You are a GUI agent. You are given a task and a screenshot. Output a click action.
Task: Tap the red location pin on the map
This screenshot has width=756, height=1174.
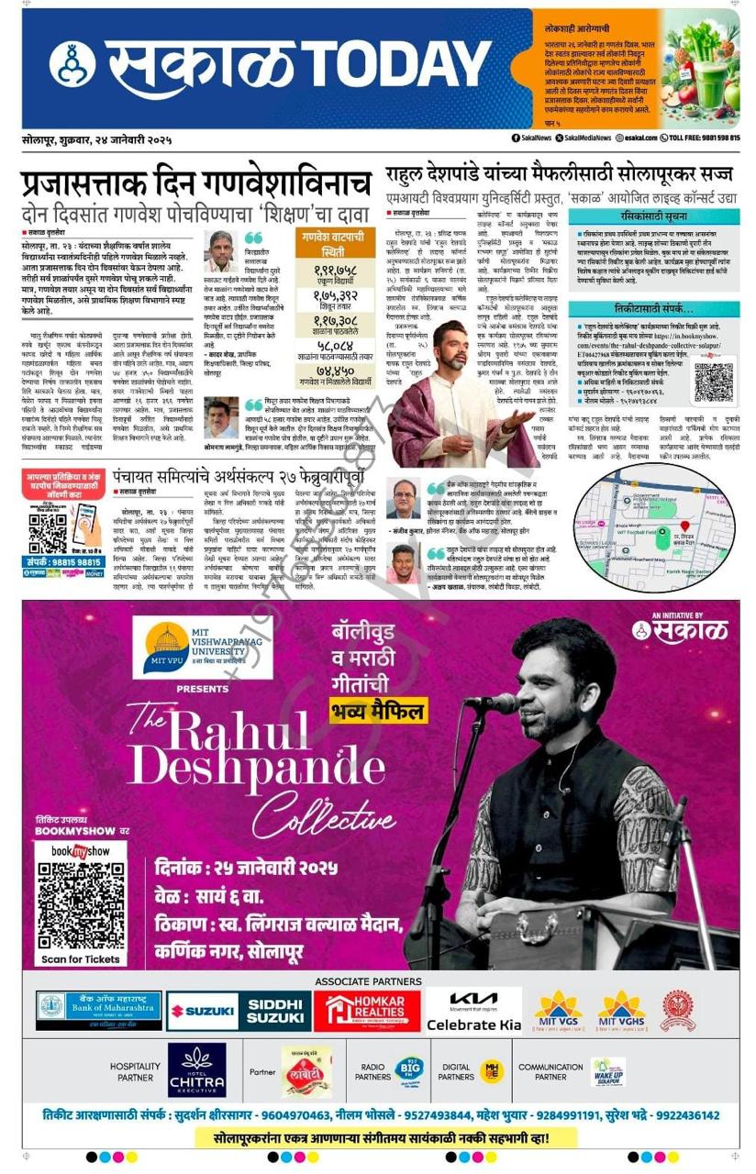point(684,526)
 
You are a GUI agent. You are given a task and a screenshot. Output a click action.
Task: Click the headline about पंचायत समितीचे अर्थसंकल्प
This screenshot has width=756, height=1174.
point(246,479)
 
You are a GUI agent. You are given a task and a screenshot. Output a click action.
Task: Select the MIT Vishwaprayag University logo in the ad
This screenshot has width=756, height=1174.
point(203,647)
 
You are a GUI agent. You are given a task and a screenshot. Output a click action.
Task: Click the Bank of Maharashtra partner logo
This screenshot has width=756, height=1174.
point(99,1011)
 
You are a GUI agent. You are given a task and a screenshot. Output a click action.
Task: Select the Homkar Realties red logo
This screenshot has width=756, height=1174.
point(367,1011)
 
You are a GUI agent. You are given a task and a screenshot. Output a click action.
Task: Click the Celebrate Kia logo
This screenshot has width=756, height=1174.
point(473,1011)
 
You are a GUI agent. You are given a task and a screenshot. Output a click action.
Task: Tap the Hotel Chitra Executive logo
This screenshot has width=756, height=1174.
point(196,1070)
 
